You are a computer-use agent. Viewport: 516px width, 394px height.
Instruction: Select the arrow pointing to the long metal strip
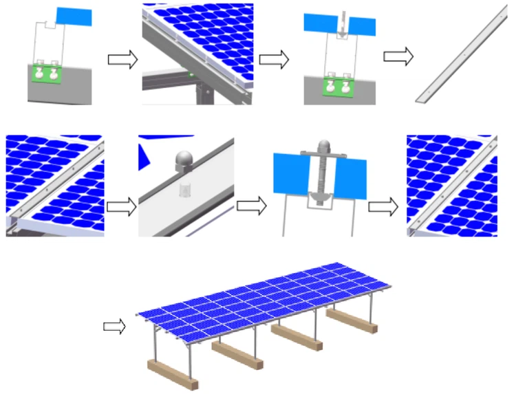(398, 56)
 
